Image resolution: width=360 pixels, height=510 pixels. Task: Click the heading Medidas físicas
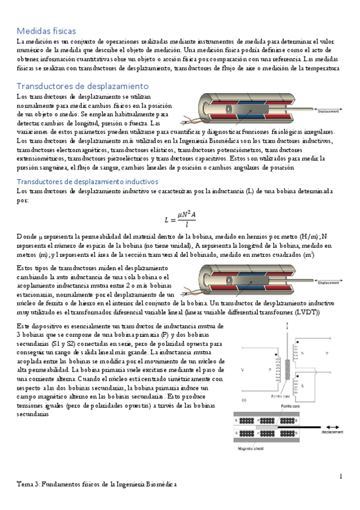(46, 30)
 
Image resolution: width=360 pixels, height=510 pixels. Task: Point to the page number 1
(340, 476)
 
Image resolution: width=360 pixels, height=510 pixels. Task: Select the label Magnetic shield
(248, 447)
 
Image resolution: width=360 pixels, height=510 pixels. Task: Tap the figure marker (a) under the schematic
(242, 399)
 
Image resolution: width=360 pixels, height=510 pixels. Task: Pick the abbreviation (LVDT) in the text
(307, 312)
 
